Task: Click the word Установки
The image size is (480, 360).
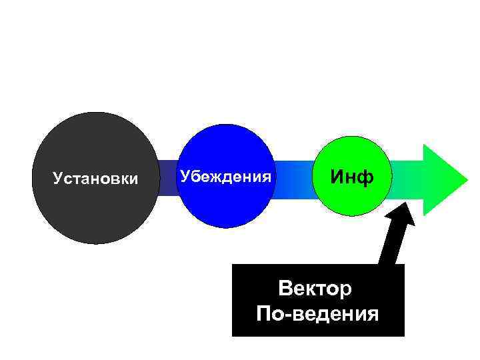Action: (95, 179)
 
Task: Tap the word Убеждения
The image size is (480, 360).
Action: (226, 177)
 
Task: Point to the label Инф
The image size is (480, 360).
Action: (352, 177)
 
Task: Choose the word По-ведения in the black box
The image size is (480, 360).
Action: (317, 313)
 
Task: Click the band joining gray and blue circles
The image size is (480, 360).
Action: (167, 178)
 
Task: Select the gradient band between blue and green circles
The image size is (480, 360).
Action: (294, 178)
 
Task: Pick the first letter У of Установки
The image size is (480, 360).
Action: (57, 179)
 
